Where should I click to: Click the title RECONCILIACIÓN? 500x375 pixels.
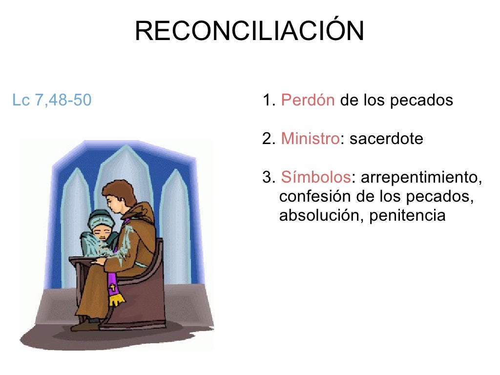(249, 31)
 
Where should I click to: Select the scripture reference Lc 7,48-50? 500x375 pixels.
(52, 101)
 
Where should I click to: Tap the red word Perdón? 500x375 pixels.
(308, 101)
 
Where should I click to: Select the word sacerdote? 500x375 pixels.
(386, 139)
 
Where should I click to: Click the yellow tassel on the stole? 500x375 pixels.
(115, 299)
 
